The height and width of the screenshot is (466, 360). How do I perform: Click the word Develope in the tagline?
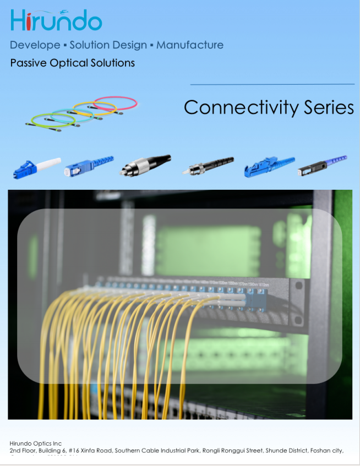(x=35, y=45)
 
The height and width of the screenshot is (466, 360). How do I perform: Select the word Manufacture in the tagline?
(x=190, y=45)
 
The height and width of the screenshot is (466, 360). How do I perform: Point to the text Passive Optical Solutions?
(x=72, y=63)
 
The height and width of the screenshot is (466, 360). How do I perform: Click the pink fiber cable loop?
(x=116, y=103)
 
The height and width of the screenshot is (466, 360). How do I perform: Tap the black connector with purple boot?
(x=323, y=165)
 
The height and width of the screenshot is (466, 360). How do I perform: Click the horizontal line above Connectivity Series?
(x=272, y=84)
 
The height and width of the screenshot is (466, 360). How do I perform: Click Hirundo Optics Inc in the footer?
(x=36, y=443)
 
